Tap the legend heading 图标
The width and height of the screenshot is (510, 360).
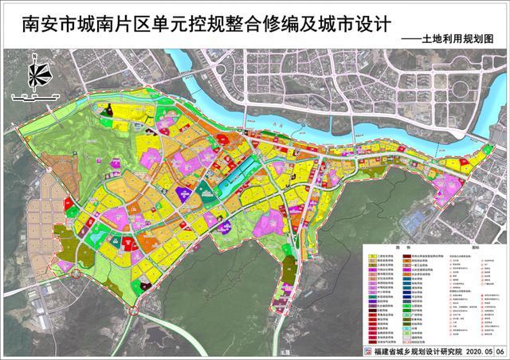[x=476, y=248]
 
